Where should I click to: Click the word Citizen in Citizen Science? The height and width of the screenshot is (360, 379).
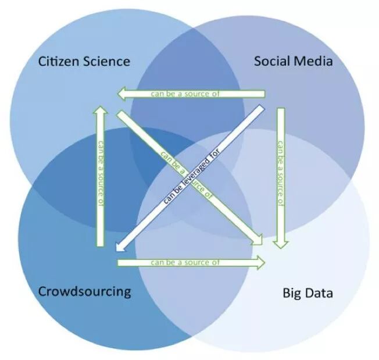click(56, 61)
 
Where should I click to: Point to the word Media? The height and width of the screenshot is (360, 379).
click(314, 60)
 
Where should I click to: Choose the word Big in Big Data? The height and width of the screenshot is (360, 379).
click(292, 293)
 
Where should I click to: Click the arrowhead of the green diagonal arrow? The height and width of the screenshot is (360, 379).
click(259, 240)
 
